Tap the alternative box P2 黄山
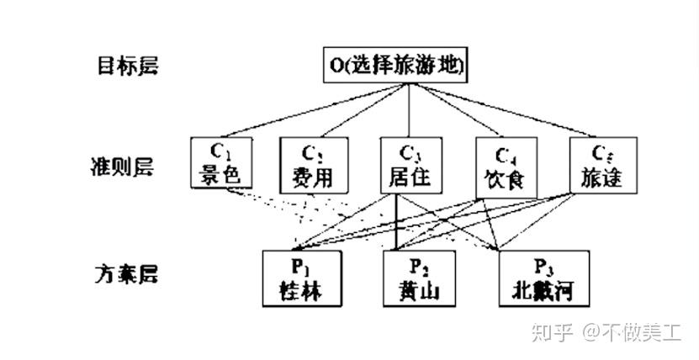tap(419, 278)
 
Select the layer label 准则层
tap(126, 165)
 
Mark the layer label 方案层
tap(126, 273)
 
